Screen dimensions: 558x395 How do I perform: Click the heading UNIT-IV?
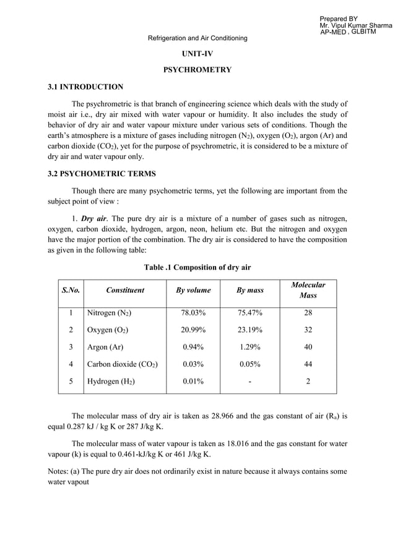point(197,54)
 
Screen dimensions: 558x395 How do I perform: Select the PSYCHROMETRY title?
point(197,70)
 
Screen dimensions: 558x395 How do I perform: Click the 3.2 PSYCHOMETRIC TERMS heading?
point(102,173)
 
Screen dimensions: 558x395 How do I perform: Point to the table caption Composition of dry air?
point(197,267)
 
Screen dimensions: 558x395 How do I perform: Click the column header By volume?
point(193,290)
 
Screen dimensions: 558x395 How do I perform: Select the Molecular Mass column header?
point(308,290)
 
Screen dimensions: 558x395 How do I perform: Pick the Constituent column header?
point(125,290)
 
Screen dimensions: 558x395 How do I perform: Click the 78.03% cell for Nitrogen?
point(193,313)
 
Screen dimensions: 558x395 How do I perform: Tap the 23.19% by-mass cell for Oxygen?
point(250,330)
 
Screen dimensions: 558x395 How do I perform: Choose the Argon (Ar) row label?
point(105,347)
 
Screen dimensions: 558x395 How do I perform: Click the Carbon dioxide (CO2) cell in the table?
point(122,364)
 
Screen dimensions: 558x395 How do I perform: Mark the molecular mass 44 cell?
point(308,364)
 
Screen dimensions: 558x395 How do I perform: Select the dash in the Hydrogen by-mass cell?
point(250,382)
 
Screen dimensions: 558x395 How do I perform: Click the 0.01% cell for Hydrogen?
point(193,382)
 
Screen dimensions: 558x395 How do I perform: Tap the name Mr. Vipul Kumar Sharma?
point(355,25)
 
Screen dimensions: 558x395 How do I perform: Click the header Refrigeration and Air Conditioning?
point(197,38)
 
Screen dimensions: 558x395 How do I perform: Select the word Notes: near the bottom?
point(59,471)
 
